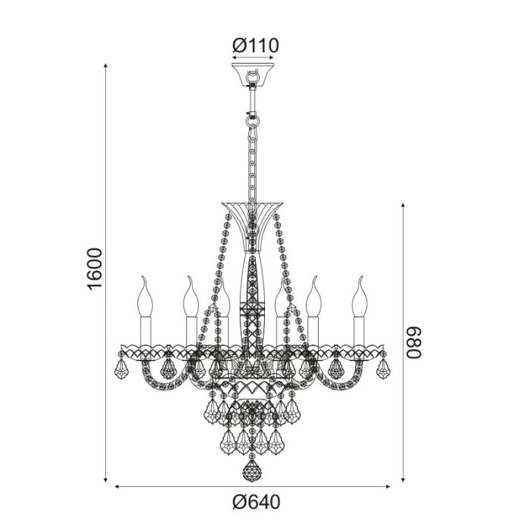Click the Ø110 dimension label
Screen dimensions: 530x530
(255, 45)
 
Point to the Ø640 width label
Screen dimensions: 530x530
(257, 502)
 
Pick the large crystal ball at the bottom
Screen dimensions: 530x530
(252, 471)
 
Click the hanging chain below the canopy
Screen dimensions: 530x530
(252, 159)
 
